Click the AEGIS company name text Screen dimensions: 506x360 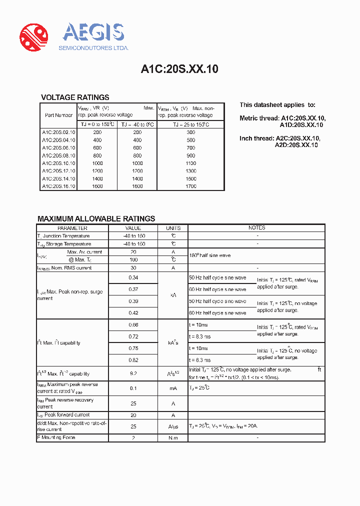pyautogui.click(x=93, y=33)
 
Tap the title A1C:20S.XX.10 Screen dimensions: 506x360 pyautogui.click(x=179, y=69)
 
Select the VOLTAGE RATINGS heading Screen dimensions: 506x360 pyautogui.click(x=75, y=97)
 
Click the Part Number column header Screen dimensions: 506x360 pyautogui.click(x=58, y=115)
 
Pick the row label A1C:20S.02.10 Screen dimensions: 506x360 pyautogui.click(x=58, y=132)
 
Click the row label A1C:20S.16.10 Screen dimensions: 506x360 pyautogui.click(x=58, y=186)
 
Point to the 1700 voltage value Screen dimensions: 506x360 pyautogui.click(x=191, y=186)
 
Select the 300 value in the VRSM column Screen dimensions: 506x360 pyautogui.click(x=191, y=132)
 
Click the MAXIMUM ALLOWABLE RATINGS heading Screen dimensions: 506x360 pyautogui.click(x=96, y=218)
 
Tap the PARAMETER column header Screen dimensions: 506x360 pyautogui.click(x=72, y=228)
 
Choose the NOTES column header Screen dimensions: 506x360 pyautogui.click(x=257, y=228)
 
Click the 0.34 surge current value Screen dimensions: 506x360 pyautogui.click(x=133, y=277)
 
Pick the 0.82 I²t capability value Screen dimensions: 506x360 pyautogui.click(x=133, y=360)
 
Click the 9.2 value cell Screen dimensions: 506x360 pyautogui.click(x=133, y=373)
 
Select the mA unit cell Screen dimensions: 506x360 pyautogui.click(x=173, y=388)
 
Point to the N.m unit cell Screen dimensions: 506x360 pyautogui.click(x=173, y=438)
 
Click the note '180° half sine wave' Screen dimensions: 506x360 pyautogui.click(x=210, y=255)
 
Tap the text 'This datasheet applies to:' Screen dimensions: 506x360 pyautogui.click(x=277, y=105)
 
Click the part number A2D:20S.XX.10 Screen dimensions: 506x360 pyautogui.click(x=296, y=145)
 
